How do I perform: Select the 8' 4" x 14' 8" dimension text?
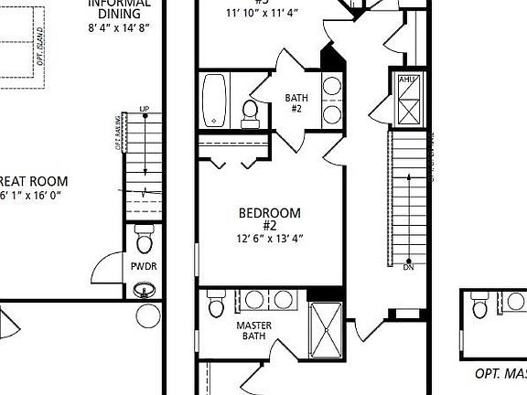(x=119, y=28)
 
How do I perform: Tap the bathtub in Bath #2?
(x=215, y=100)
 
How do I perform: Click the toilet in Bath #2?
(x=249, y=112)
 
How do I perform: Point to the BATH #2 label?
(x=296, y=102)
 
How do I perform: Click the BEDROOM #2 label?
(x=269, y=219)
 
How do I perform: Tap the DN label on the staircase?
(x=408, y=268)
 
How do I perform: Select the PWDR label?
(x=144, y=267)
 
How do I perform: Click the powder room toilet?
(x=145, y=240)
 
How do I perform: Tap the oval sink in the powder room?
(x=145, y=292)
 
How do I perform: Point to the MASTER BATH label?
(x=253, y=330)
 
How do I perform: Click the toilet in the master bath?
(x=217, y=303)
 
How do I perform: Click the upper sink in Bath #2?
(x=332, y=88)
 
